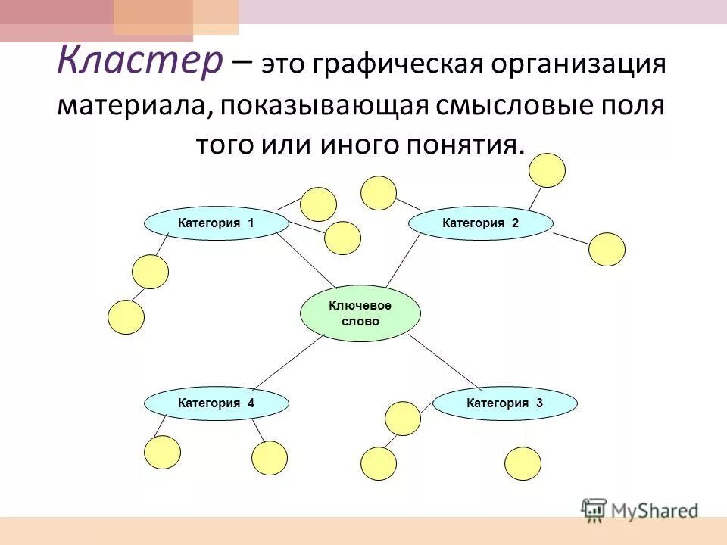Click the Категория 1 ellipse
217,223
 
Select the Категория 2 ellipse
481,223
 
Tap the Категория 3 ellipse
505,403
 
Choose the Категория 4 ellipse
217,403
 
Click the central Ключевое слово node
360,313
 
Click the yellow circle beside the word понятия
547,170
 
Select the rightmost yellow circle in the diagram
607,249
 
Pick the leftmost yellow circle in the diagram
126,317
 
